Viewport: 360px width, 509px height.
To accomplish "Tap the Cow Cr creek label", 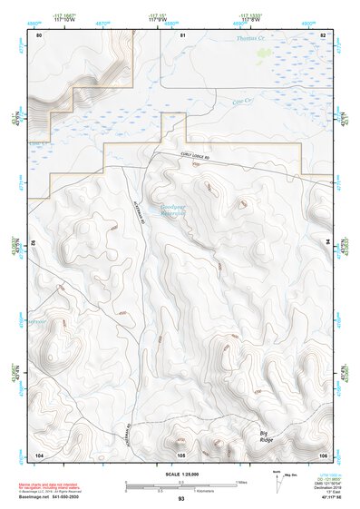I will (241, 102).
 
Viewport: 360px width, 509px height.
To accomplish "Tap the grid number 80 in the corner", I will (39, 34).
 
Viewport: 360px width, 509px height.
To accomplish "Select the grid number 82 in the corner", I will (323, 34).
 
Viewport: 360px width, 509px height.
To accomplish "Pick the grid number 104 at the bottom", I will (39, 453).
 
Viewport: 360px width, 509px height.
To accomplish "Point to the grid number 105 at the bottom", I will (180, 453).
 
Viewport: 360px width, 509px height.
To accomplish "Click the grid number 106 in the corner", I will (323, 453).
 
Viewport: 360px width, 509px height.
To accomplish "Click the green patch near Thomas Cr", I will (264, 54).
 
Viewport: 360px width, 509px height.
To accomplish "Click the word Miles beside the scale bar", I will (241, 482).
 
